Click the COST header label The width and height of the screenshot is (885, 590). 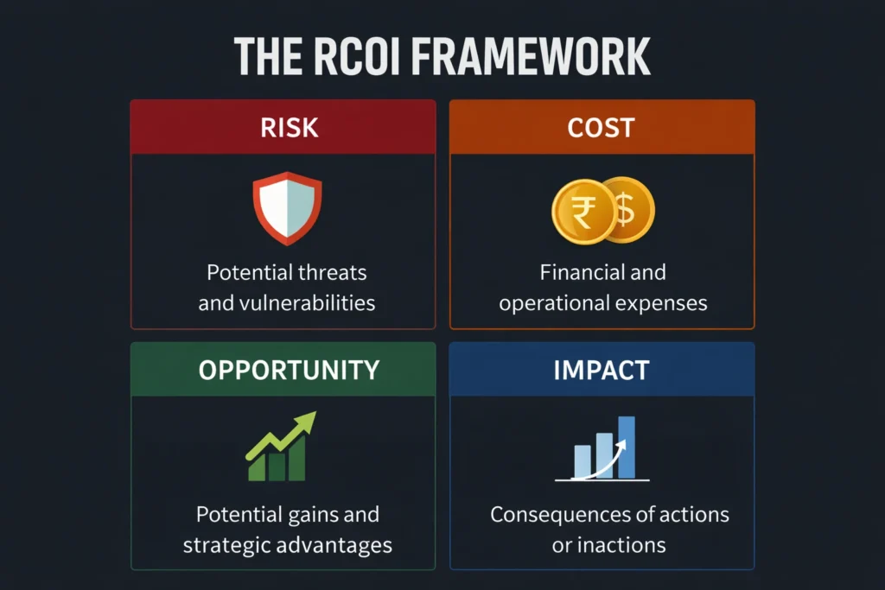(x=602, y=128)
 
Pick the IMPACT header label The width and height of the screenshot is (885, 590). (x=602, y=370)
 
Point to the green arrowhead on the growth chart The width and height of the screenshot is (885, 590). (x=305, y=421)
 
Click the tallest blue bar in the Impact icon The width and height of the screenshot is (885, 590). (x=627, y=446)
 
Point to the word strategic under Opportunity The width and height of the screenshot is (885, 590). (x=233, y=545)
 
